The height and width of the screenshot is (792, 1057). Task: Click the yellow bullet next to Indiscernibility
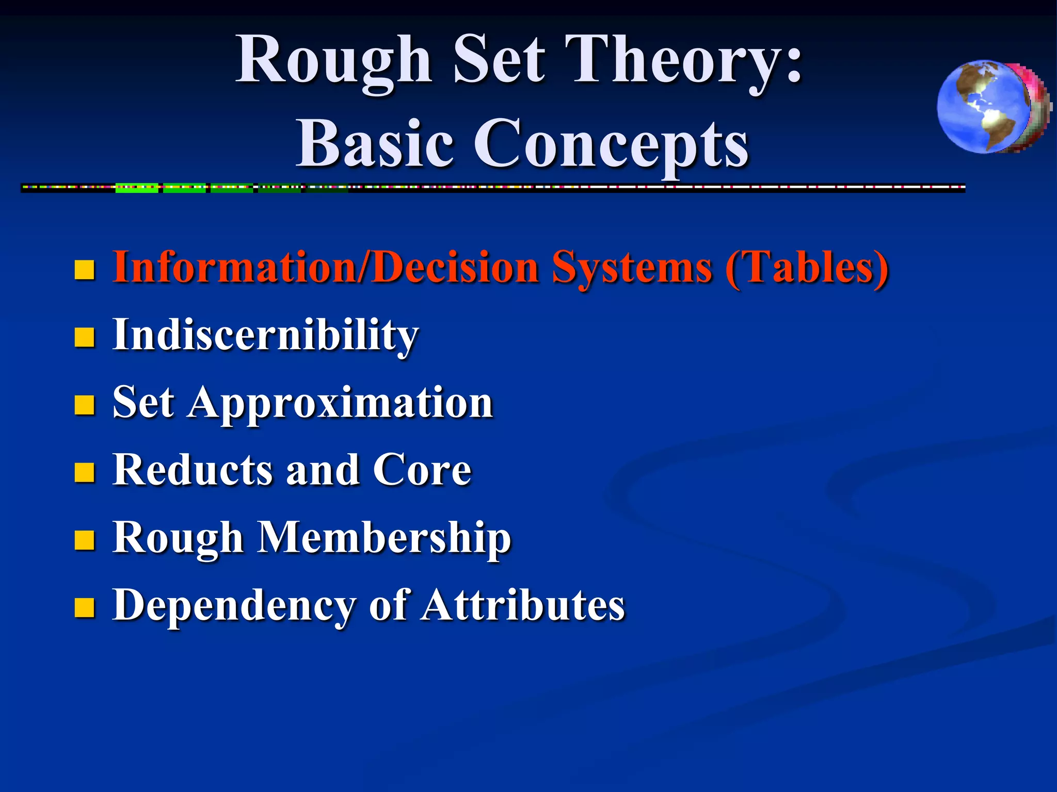click(x=84, y=338)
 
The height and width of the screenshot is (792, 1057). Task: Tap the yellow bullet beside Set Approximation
click(x=84, y=405)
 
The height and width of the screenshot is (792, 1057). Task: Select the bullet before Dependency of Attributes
click(x=84, y=608)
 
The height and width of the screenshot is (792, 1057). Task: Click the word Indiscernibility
click(x=265, y=336)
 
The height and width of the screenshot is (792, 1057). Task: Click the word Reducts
click(x=193, y=470)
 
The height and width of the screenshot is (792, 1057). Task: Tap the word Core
click(x=422, y=470)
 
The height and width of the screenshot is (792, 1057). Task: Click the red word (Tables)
click(x=807, y=268)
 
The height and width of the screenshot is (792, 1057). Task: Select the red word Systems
click(x=632, y=268)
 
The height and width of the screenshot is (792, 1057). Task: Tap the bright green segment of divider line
click(x=137, y=188)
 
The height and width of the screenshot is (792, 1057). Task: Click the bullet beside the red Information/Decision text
click(x=84, y=270)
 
